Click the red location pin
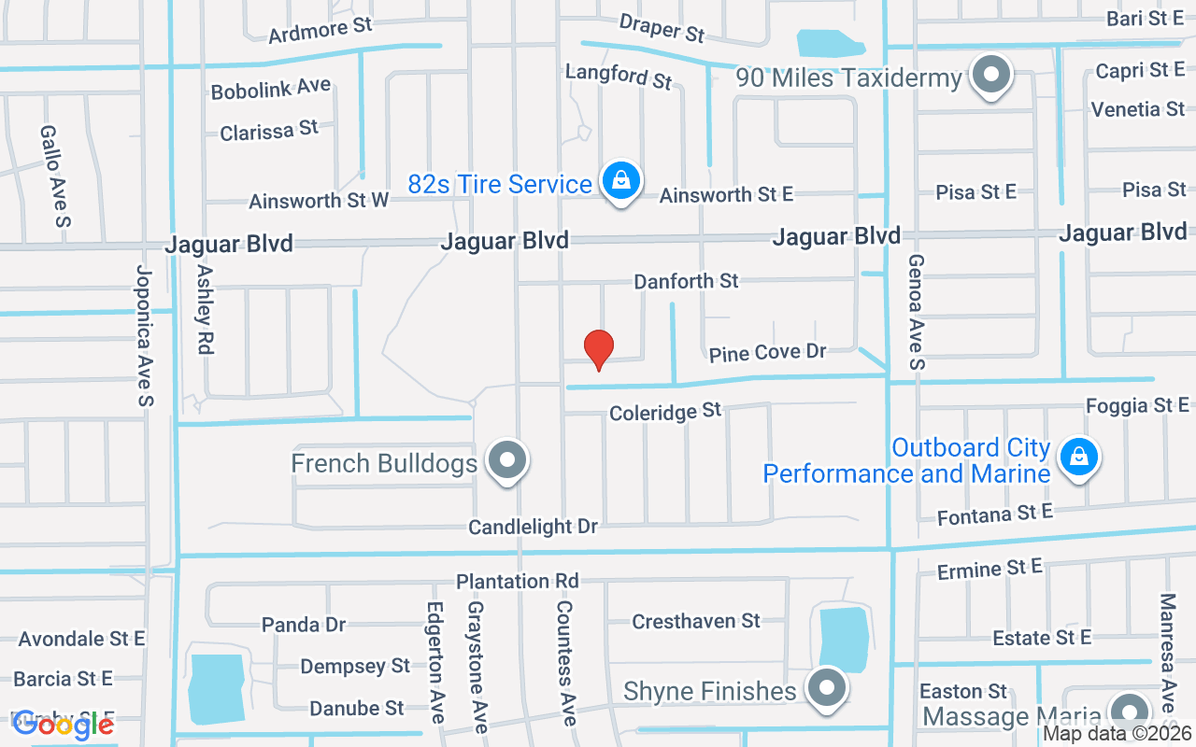(598, 350)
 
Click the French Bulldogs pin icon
(508, 459)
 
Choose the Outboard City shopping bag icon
(1079, 457)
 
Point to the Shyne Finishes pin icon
(826, 688)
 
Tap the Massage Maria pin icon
(1131, 712)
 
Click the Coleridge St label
(665, 411)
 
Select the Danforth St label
(686, 281)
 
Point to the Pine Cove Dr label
(768, 353)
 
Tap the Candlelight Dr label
(533, 527)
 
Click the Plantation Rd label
(517, 581)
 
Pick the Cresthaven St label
(696, 621)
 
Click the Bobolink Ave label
(271, 89)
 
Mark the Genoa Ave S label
(916, 310)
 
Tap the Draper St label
(662, 28)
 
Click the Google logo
(64, 724)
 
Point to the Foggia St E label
(1137, 405)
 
